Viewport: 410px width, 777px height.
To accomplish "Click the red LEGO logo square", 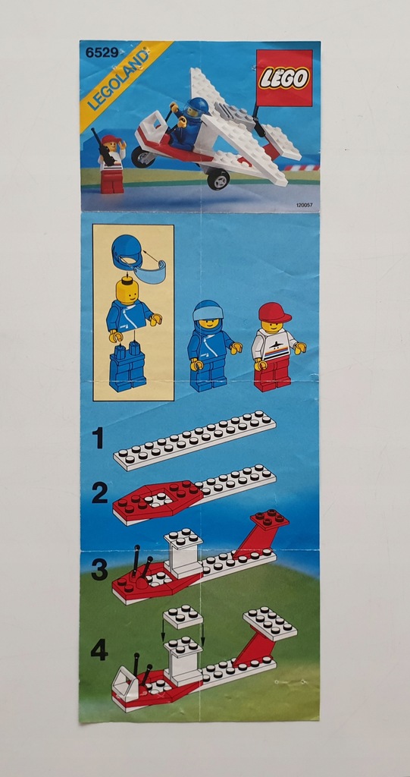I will tap(284, 78).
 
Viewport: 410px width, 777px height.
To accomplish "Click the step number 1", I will tap(99, 438).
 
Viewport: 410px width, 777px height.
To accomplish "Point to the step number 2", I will tap(99, 493).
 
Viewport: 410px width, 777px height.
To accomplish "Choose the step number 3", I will tap(99, 569).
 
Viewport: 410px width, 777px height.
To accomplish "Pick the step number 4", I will tap(99, 650).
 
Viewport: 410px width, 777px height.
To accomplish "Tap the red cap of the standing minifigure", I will tap(274, 312).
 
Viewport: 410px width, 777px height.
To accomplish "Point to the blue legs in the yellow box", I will tap(127, 367).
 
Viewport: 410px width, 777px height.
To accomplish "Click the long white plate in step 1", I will tap(194, 441).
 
